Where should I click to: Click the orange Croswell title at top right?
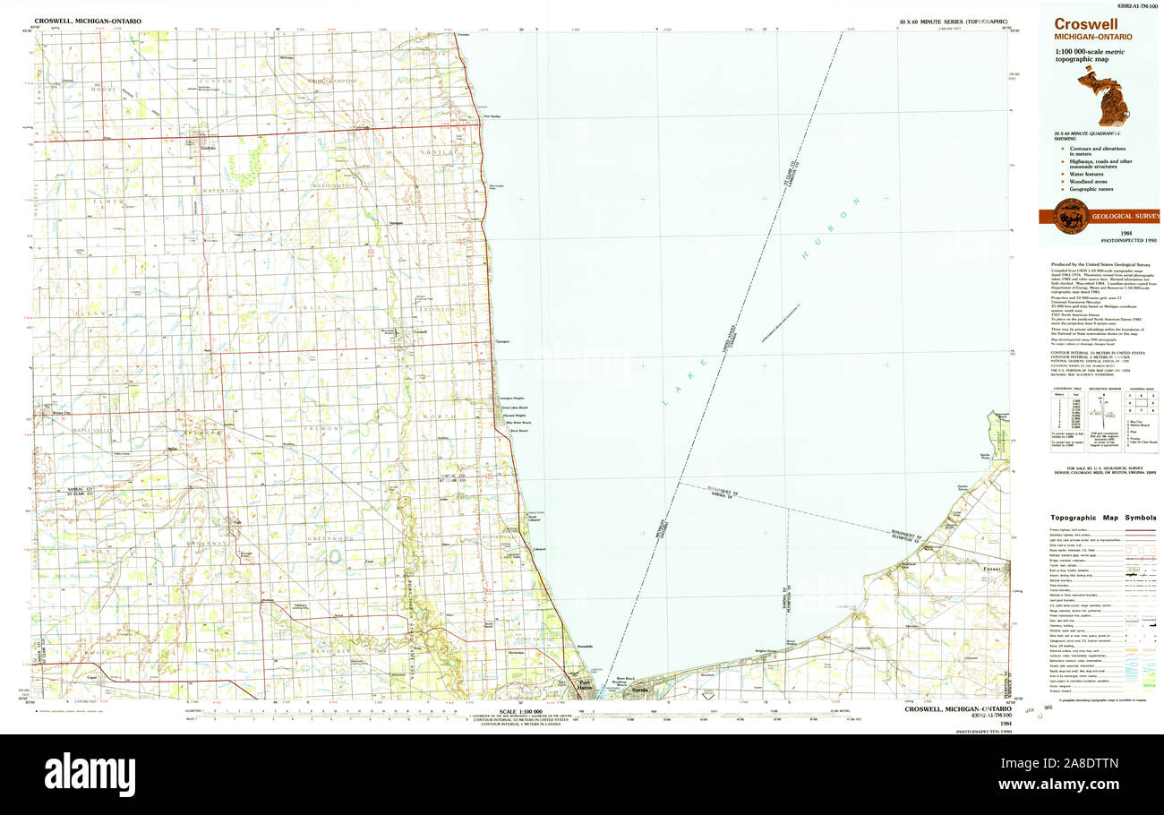coord(1084,24)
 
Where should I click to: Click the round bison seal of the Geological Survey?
coord(1071,216)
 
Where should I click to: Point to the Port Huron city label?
coord(584,687)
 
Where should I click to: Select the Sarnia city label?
coord(639,691)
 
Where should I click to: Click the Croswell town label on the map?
coord(420,332)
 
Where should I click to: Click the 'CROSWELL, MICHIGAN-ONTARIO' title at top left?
coord(87,20)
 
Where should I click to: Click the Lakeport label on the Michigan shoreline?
coord(539,548)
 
